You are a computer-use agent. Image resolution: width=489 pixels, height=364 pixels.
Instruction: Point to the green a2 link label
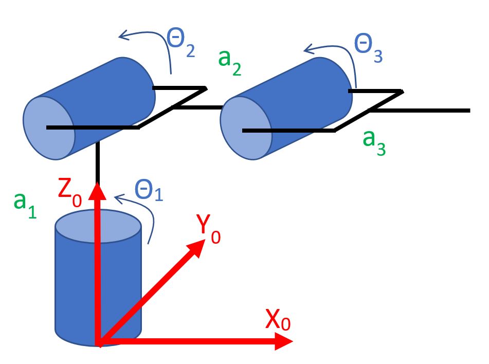pos(229,62)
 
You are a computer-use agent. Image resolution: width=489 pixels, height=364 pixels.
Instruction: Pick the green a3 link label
pos(374,141)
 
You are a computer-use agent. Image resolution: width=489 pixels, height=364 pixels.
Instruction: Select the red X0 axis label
pos(278,321)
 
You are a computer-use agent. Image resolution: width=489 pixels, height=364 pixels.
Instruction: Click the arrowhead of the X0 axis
pos(284,341)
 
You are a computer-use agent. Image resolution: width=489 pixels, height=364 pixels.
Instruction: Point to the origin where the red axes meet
pos(98,342)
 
